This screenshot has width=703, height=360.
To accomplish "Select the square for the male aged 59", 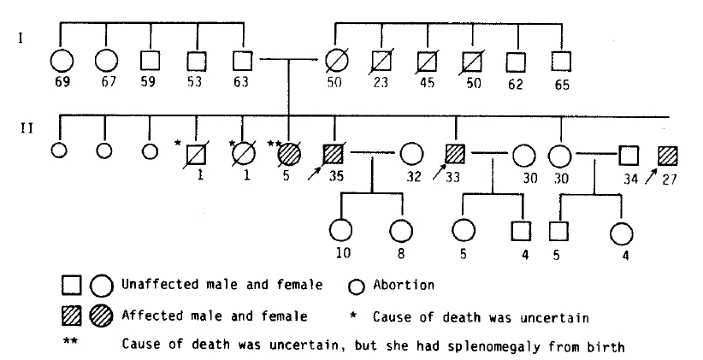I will (x=151, y=61).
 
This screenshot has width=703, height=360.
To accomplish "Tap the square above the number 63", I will (x=243, y=61).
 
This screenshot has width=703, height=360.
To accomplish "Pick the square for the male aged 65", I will (x=561, y=62).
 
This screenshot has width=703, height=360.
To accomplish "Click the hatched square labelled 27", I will (x=668, y=156).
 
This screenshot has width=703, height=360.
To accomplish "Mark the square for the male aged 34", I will (x=629, y=156).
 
